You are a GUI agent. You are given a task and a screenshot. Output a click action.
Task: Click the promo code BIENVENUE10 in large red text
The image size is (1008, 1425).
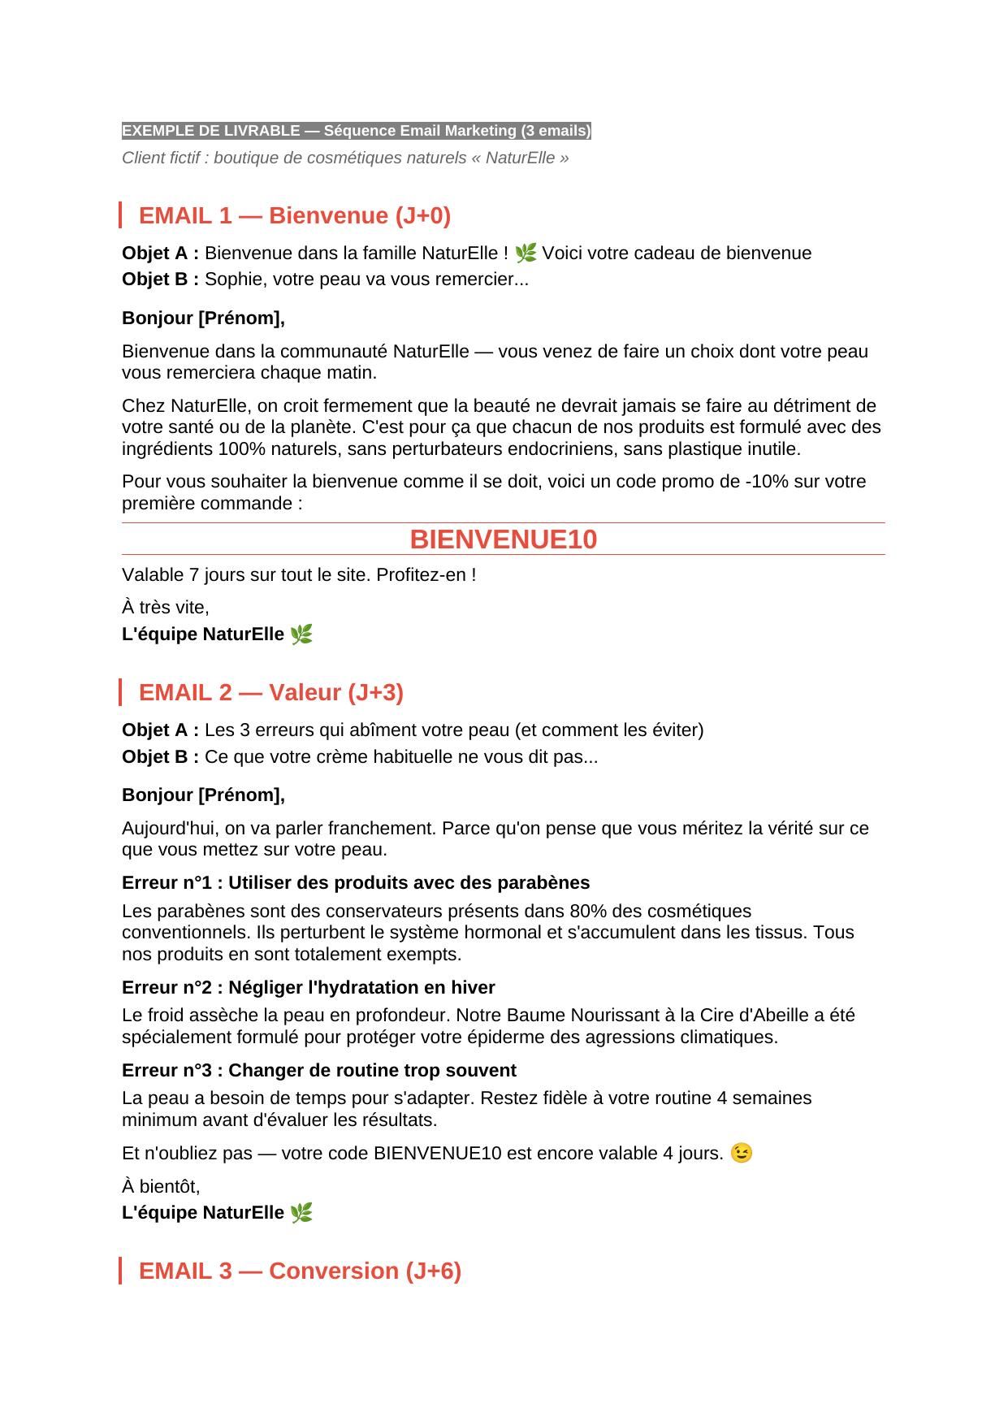(503, 539)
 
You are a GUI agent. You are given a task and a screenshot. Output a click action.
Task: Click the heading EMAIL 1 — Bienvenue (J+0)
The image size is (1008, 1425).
(294, 215)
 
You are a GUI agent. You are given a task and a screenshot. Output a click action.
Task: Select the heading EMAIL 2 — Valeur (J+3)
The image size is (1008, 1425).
(270, 692)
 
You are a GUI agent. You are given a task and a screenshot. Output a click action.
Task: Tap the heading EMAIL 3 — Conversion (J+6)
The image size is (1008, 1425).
(300, 1271)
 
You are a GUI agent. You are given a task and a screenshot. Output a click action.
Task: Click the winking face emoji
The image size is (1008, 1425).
(742, 1153)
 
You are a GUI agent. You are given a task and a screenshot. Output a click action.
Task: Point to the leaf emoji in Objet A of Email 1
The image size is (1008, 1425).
(526, 253)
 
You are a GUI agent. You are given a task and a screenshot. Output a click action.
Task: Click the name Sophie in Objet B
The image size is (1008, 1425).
(228, 279)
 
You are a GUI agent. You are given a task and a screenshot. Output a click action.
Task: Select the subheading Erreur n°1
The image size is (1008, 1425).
(355, 882)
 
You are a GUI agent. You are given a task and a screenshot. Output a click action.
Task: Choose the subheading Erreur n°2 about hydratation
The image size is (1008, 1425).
(308, 987)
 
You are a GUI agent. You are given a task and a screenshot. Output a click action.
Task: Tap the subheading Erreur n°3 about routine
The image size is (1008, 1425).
(318, 1070)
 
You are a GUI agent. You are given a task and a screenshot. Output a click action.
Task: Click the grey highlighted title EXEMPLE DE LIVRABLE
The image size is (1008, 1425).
(356, 131)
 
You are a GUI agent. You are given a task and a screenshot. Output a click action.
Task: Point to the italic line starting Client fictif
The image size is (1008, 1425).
(345, 158)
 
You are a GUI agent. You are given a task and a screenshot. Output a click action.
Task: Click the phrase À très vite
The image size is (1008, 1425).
(166, 607)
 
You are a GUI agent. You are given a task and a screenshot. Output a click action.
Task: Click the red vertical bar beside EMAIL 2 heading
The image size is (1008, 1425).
(120, 692)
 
